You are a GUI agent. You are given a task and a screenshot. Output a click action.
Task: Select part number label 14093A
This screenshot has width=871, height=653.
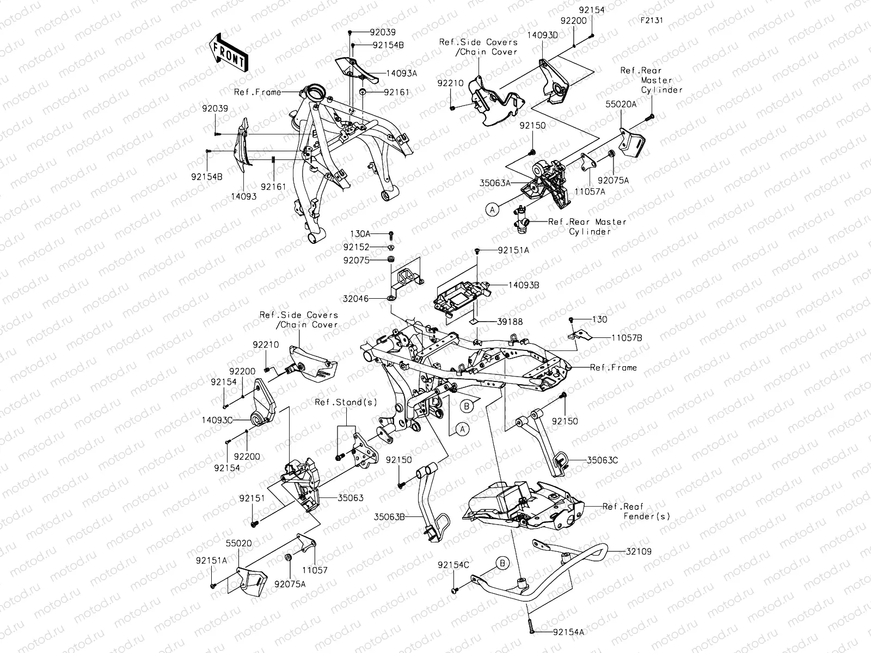402,73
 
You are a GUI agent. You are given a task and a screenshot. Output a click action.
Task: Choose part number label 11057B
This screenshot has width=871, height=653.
627,337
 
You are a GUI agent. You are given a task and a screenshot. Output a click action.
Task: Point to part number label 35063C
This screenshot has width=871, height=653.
602,460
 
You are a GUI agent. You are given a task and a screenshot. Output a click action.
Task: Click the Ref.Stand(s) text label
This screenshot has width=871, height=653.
346,402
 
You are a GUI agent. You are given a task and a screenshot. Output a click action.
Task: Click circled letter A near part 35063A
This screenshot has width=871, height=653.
493,208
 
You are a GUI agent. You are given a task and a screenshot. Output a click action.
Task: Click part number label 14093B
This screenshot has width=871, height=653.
524,285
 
